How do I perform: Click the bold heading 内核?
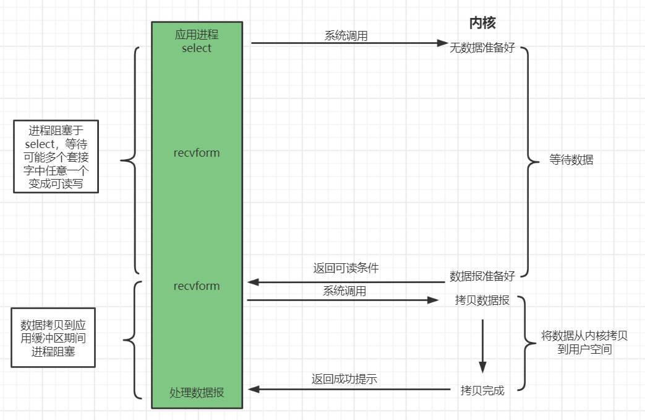click(482, 24)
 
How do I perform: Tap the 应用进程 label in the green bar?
click(197, 35)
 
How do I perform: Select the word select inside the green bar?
click(197, 48)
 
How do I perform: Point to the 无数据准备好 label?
click(482, 48)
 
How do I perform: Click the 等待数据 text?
click(571, 160)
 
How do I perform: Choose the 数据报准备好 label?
click(482, 276)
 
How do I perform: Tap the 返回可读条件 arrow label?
click(346, 269)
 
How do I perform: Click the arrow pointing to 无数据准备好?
click(349, 43)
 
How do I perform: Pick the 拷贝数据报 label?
click(482, 300)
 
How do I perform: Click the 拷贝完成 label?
click(482, 390)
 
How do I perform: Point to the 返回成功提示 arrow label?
click(344, 379)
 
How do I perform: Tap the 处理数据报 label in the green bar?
click(197, 392)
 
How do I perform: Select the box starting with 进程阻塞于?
click(56, 157)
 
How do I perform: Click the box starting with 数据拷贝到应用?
click(53, 338)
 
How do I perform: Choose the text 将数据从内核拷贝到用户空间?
click(584, 343)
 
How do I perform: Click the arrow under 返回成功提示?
click(349, 390)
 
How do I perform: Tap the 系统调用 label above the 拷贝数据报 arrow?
click(344, 291)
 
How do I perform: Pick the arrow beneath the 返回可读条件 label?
click(346, 282)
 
